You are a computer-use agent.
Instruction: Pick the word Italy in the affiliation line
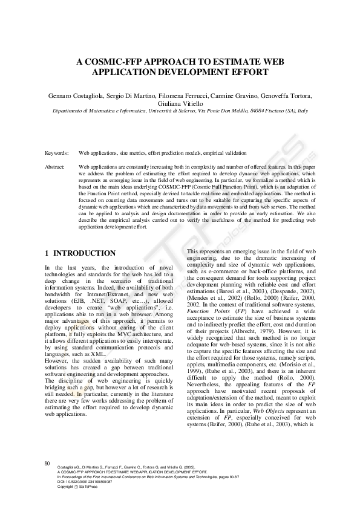point(303,111)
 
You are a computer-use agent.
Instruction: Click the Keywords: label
point(56,154)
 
